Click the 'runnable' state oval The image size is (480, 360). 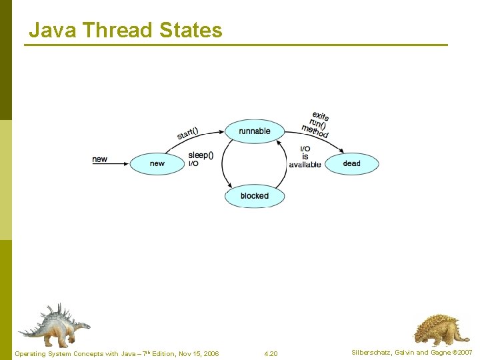coord(255,131)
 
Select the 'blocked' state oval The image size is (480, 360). coord(255,196)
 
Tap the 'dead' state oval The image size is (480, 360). coord(351,164)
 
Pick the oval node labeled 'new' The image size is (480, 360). coord(157,164)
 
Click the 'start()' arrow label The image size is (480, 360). coord(188,133)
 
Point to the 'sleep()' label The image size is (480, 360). coord(201,155)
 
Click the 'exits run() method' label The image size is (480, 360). coord(316,125)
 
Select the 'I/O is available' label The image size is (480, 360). coord(305,157)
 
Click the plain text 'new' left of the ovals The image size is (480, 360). coord(99,159)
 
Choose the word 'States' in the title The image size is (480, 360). coord(191,30)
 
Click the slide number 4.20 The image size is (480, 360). coord(271,353)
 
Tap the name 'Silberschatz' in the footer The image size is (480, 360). coord(369,352)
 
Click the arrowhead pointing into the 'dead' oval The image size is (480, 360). coord(325,137)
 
